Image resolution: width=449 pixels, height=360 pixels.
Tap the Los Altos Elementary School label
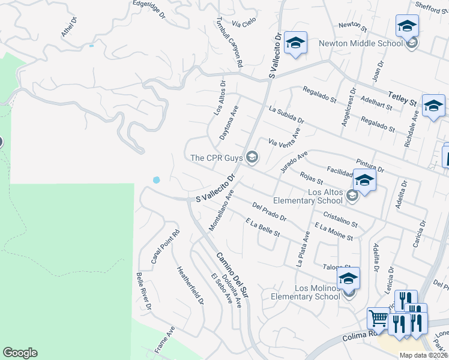tap(309, 196)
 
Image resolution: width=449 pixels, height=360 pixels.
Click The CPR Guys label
tap(215, 158)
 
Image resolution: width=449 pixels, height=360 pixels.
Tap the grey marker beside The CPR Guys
tap(252, 158)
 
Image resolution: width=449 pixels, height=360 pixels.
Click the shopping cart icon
tap(378, 317)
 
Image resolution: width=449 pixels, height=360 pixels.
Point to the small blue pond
tap(157, 179)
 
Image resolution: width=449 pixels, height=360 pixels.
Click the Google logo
tap(20, 353)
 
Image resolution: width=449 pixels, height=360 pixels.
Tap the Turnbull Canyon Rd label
tap(230, 41)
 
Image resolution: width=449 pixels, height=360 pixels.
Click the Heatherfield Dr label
tap(190, 285)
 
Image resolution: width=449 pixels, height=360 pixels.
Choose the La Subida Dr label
tap(287, 115)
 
